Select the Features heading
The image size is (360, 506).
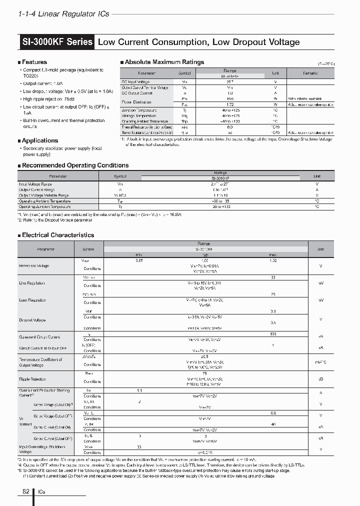(34, 62)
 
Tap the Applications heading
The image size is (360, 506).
(40, 140)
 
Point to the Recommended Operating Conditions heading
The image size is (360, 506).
(75, 165)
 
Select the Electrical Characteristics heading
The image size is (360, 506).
(57, 234)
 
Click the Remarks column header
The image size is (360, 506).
(310, 73)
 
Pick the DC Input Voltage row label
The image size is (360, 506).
(135, 81)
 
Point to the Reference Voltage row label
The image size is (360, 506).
(34, 265)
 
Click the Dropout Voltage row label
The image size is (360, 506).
(32, 320)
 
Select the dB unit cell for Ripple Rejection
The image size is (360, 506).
(320, 378)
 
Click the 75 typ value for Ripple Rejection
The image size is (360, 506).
(204, 373)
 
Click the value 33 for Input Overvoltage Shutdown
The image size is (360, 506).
(139, 447)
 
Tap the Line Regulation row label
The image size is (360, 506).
(32, 283)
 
